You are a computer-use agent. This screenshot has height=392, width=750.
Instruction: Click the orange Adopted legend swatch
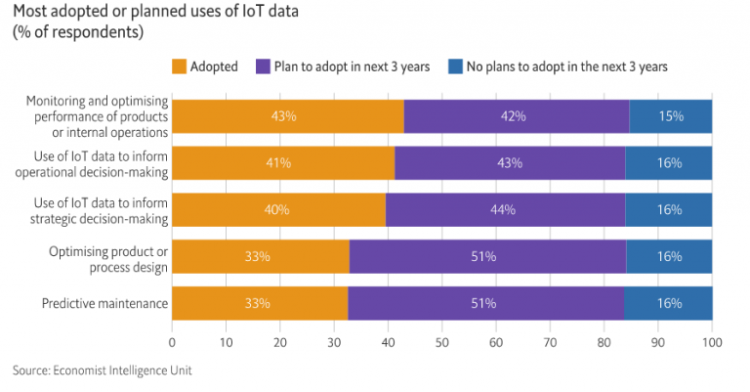point(180,66)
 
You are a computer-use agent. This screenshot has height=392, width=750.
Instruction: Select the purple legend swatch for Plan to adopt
point(263,66)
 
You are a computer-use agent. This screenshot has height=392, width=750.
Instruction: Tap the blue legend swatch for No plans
point(454,66)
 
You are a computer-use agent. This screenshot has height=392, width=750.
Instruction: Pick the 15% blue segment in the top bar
point(671,115)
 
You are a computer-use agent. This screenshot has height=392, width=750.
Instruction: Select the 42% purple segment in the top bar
point(517,115)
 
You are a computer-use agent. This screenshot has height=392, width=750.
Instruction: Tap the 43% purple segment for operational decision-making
point(510,162)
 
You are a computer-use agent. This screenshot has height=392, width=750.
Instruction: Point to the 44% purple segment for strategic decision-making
point(506,209)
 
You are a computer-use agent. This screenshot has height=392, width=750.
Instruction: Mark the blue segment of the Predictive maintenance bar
point(669,303)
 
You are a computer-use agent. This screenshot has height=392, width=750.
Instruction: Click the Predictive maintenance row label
point(105,304)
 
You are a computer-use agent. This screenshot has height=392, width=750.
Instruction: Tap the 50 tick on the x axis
point(442,343)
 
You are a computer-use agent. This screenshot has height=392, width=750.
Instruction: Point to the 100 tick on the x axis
point(712,343)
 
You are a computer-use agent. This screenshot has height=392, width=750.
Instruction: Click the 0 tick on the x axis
point(173,343)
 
